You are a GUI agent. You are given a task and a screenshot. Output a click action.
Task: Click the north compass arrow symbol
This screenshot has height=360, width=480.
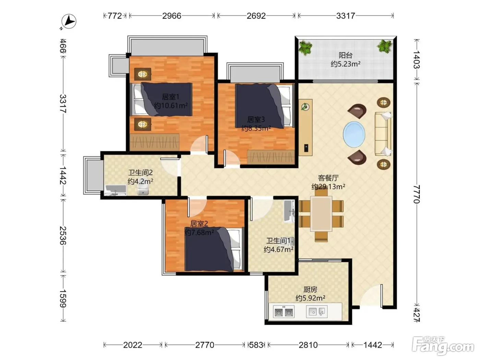coord(69,21)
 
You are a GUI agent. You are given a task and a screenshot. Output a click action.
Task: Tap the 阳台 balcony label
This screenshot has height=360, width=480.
coord(346,55)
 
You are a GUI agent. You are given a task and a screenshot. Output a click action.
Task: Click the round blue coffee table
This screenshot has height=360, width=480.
coord(354,134)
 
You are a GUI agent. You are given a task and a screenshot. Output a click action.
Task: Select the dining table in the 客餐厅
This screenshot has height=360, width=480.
coord(321,214)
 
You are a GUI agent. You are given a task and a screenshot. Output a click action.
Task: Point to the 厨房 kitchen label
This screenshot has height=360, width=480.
coord(310,290)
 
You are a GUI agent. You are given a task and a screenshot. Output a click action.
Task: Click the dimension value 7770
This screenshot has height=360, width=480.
coord(417,194)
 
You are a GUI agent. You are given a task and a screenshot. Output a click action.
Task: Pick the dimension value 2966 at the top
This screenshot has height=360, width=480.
coord(172,16)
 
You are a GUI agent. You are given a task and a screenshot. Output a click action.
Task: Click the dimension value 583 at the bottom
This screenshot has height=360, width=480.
coord(256,345)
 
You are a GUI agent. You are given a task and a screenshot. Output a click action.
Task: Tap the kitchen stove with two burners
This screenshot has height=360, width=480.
coord(284,312)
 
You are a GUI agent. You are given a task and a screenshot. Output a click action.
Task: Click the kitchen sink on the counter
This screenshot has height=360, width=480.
coord(317,312)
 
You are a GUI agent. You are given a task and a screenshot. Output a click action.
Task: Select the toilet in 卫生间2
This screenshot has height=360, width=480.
coord(143,190)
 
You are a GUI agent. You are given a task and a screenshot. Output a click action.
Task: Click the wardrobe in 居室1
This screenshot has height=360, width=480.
coord(154,142)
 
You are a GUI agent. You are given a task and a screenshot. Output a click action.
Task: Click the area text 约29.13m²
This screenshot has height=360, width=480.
coord(328,187)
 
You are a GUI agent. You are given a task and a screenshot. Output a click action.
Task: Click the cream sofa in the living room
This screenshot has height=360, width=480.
coord(383,134)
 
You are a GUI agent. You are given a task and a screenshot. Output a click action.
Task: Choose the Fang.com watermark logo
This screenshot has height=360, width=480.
coord(443,346)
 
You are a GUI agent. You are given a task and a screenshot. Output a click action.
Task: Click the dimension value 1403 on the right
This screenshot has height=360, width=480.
coord(417,59)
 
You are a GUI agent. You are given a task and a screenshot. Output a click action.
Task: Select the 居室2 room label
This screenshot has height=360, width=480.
coord(199,224)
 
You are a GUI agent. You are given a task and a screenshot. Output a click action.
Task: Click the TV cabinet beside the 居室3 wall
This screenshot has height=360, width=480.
coord(305,128)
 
